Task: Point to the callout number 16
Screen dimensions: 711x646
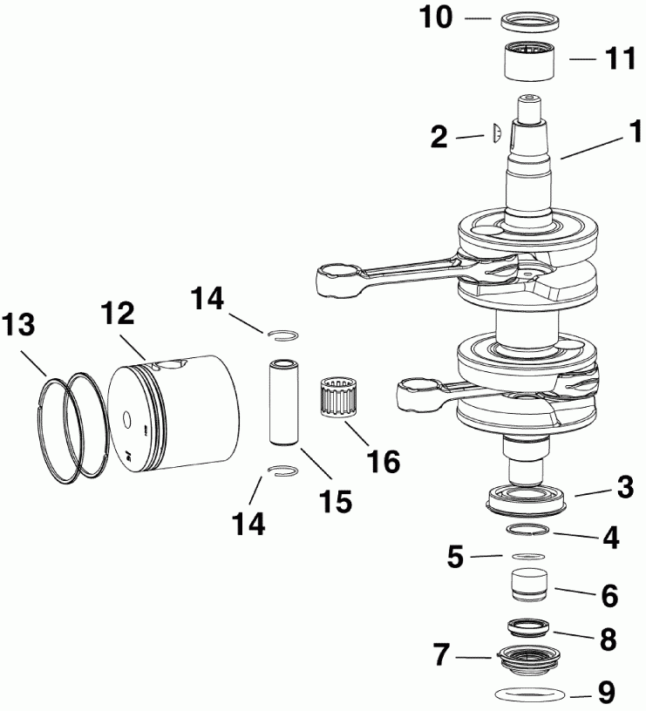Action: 380,461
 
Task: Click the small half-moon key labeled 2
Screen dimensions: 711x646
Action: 494,132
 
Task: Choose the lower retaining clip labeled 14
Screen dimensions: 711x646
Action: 283,471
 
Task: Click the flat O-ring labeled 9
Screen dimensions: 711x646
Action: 528,694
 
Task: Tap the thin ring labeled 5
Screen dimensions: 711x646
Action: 528,556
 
